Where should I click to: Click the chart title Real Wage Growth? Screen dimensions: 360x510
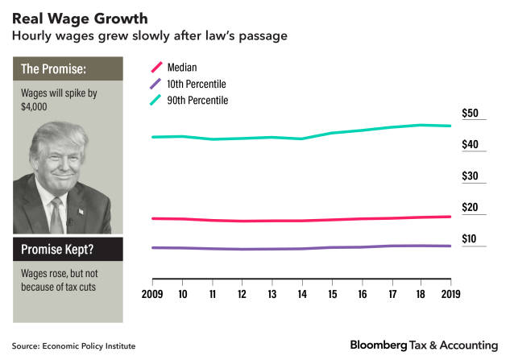(79, 17)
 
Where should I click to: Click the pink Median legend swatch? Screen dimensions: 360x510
(159, 68)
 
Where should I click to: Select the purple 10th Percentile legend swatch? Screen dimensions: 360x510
(159, 84)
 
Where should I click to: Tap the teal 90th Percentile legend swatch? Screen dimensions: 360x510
(159, 100)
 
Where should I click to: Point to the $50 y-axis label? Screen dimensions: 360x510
(470, 114)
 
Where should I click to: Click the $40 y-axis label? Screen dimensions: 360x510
(470, 145)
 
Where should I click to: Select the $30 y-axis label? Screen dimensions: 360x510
(470, 176)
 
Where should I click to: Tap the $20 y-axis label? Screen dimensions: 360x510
(470, 208)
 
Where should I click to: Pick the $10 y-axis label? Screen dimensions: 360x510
(470, 239)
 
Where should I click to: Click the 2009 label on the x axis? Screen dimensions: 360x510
(153, 295)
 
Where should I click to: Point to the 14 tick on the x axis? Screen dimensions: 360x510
(302, 295)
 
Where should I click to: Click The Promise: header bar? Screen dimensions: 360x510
(68, 68)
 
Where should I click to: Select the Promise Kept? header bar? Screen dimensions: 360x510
(68, 249)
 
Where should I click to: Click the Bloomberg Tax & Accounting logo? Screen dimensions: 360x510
(424, 345)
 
